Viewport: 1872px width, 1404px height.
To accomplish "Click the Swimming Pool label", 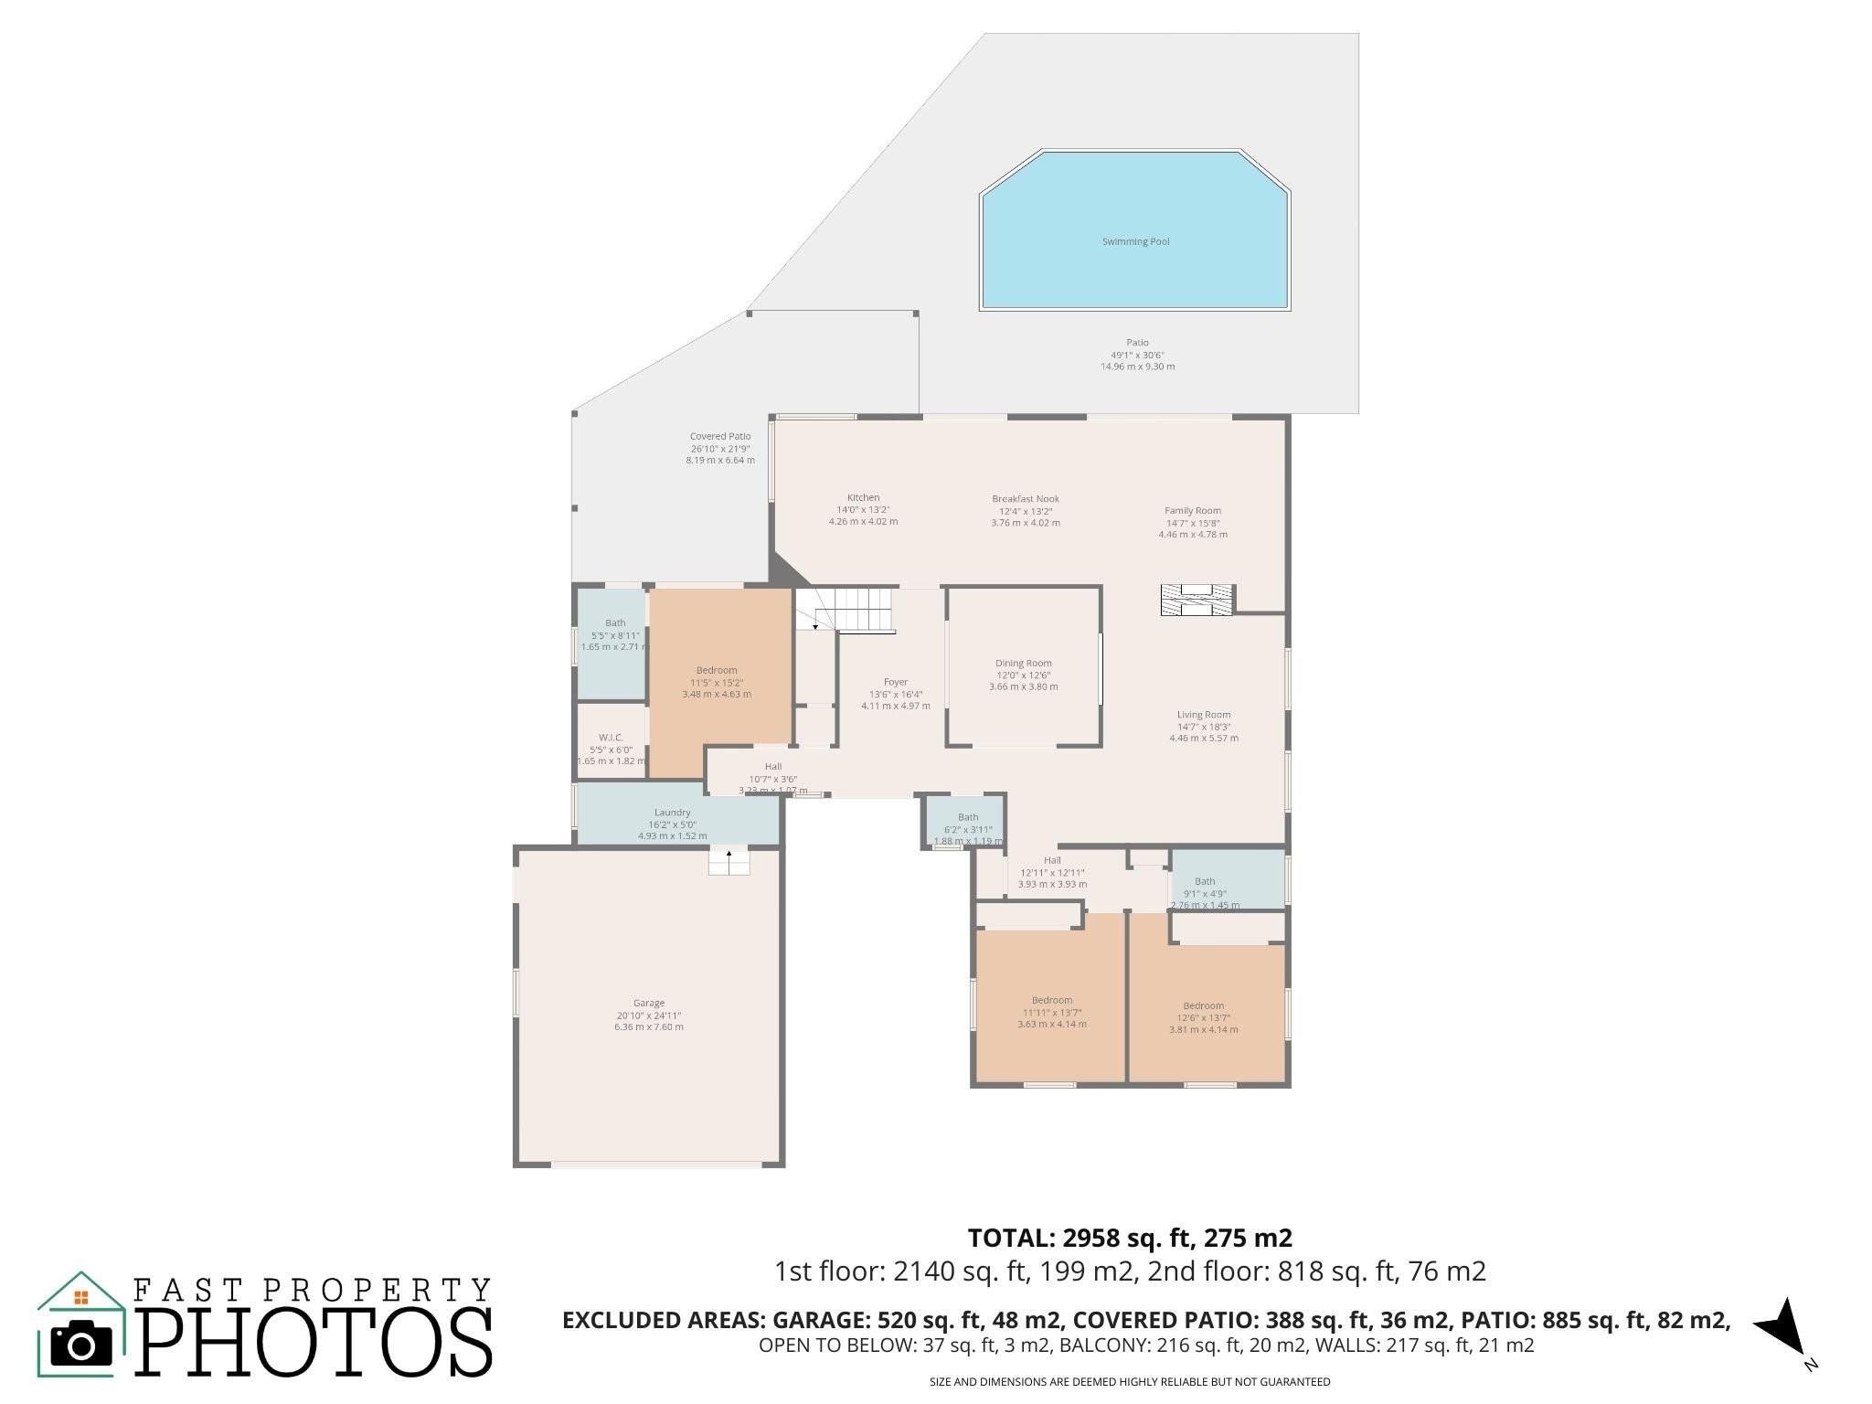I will pos(1135,242).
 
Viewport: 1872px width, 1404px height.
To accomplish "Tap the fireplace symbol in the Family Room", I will pos(1196,601).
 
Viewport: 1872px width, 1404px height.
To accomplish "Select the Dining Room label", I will pos(1023,664).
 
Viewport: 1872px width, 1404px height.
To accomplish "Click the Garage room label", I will pos(649,1003).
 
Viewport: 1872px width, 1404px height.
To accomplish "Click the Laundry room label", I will pos(672,813).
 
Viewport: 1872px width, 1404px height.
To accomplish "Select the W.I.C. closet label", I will pos(611,738).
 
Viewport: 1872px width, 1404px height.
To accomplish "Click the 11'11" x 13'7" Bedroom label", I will pos(1051,1000).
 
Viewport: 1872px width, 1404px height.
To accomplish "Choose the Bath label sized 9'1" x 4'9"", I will pos(1205,882).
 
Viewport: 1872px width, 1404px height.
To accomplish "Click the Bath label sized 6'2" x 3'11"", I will pos(968,817).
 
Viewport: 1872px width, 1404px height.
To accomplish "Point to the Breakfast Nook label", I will pos(1026,499).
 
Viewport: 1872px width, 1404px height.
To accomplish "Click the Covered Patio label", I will pos(720,437).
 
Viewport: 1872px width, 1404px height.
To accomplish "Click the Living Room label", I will pos(1203,715).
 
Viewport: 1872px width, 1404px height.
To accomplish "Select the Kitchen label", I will pos(863,497).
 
